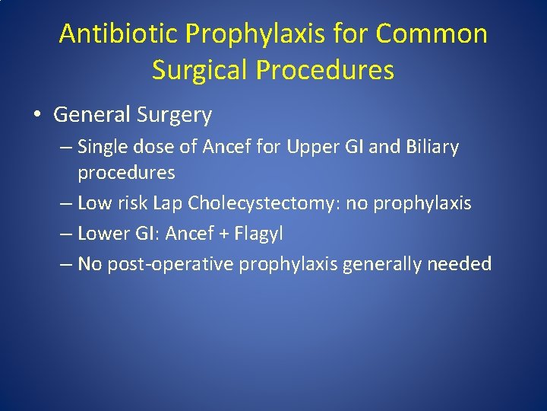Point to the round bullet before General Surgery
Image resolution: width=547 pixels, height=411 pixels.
click(37, 116)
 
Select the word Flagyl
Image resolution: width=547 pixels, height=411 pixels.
click(258, 234)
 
